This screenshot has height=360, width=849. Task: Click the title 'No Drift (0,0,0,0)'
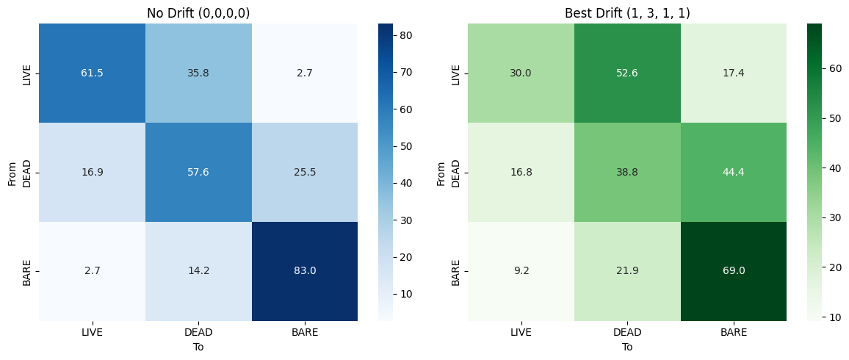pyautogui.click(x=198, y=13)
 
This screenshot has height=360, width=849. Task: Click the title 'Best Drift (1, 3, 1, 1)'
pyautogui.click(x=627, y=13)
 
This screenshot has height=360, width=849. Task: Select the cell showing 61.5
pyautogui.click(x=92, y=73)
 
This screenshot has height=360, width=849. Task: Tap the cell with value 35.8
pyautogui.click(x=198, y=73)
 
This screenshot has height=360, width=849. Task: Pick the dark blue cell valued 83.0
pyautogui.click(x=305, y=271)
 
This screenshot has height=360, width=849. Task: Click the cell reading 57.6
pyautogui.click(x=198, y=173)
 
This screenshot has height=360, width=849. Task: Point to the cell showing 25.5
pyautogui.click(x=305, y=173)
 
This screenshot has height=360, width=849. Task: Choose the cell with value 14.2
pyautogui.click(x=198, y=271)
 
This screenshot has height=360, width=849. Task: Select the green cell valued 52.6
pyautogui.click(x=627, y=73)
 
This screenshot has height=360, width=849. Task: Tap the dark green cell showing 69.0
pyautogui.click(x=734, y=271)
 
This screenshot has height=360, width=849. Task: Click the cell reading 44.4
pyautogui.click(x=734, y=173)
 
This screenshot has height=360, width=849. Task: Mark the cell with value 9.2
pyautogui.click(x=521, y=271)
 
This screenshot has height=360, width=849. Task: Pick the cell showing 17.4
pyautogui.click(x=734, y=73)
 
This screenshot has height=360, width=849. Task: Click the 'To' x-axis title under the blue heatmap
pyautogui.click(x=198, y=347)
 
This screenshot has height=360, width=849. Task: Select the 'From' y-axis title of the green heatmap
pyautogui.click(x=441, y=173)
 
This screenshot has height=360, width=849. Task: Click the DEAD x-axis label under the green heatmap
pyautogui.click(x=627, y=332)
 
